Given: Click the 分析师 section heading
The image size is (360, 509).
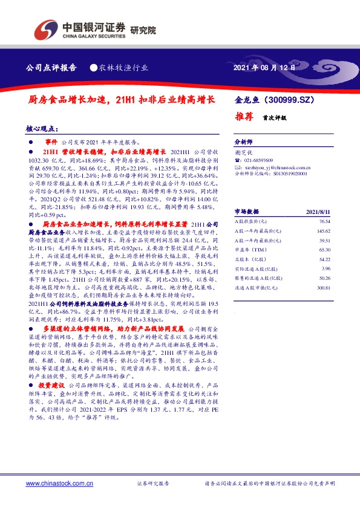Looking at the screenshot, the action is tap(243, 138).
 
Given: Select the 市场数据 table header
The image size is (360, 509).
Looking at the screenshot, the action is tap(246, 212).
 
